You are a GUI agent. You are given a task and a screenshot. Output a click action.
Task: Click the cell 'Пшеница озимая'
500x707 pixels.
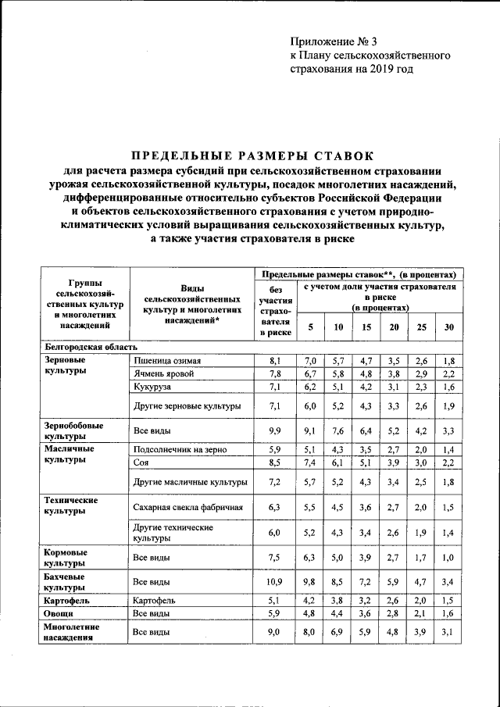click(x=167, y=361)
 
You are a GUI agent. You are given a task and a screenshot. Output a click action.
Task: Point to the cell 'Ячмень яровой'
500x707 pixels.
click(x=163, y=374)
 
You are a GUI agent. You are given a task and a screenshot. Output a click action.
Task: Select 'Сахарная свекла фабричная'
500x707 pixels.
click(x=188, y=507)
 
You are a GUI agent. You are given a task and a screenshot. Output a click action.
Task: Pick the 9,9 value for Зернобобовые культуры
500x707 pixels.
click(x=273, y=430)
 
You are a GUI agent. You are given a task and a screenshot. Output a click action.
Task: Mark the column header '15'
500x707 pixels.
click(x=366, y=327)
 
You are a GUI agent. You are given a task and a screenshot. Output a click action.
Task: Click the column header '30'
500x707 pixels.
click(x=448, y=327)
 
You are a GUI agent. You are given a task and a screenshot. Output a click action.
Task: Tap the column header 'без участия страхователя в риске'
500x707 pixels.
click(x=274, y=312)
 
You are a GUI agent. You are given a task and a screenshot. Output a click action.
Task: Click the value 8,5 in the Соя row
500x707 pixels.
click(x=273, y=463)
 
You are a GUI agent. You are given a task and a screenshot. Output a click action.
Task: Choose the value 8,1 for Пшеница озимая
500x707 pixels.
click(x=273, y=361)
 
